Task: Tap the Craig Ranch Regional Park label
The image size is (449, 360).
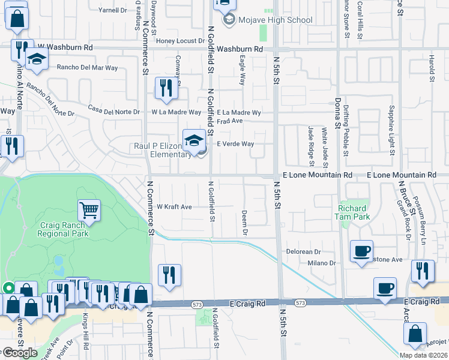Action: click(64, 229)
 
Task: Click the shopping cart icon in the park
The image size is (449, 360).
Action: click(89, 210)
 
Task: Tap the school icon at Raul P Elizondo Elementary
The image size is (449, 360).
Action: click(194, 141)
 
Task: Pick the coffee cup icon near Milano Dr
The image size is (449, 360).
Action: click(362, 251)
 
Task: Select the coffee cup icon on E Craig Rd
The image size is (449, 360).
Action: click(385, 288)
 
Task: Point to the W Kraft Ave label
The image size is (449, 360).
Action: click(174, 206)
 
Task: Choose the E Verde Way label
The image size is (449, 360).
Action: click(235, 144)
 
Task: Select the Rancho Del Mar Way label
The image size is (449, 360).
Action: click(87, 68)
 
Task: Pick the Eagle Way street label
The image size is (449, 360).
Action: click(242, 70)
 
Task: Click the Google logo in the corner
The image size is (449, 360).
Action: click(20, 353)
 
